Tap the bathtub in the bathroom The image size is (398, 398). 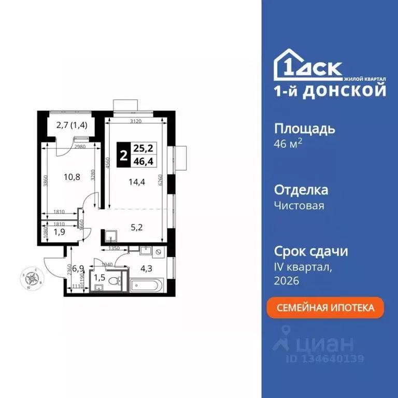147,285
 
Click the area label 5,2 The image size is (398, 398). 134,226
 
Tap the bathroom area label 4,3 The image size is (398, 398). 147,268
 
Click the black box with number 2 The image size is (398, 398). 123,154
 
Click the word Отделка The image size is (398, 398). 300,190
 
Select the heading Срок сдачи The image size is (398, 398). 310,252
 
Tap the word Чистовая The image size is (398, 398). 299,206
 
